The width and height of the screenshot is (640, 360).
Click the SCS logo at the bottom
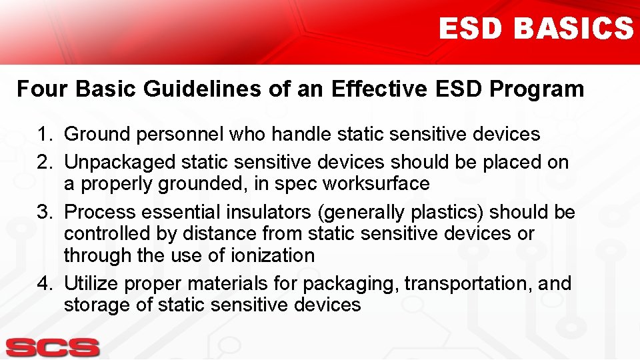coord(53,347)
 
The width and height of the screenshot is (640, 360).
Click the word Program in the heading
coord(539,89)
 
